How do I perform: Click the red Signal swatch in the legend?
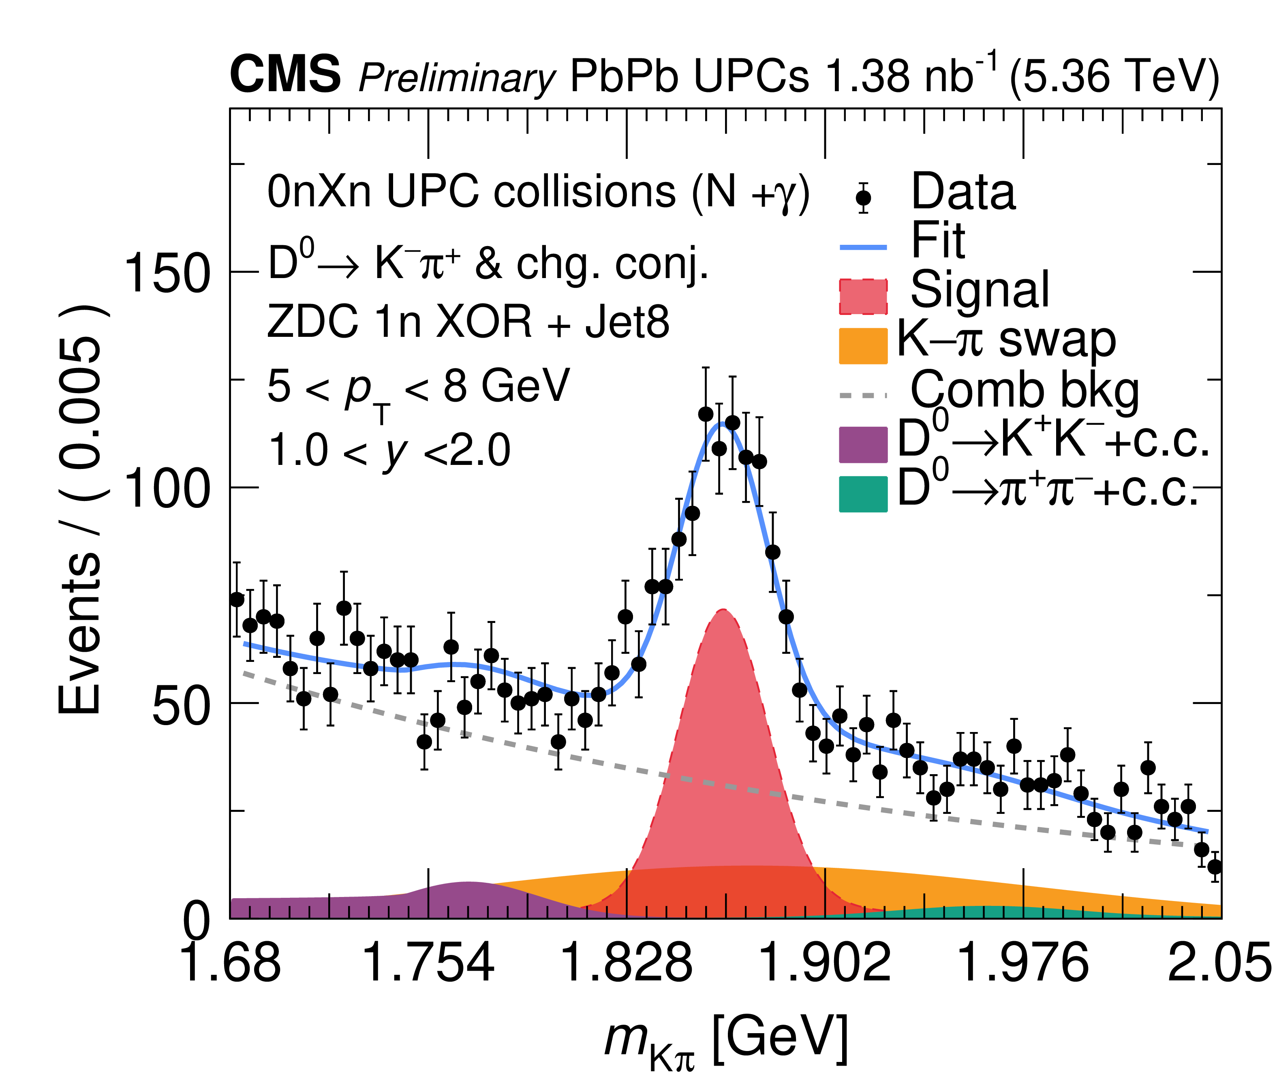point(863,297)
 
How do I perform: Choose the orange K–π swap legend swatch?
point(863,346)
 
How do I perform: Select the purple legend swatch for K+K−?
point(863,444)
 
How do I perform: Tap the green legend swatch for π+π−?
point(863,493)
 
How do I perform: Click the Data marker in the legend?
point(863,198)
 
